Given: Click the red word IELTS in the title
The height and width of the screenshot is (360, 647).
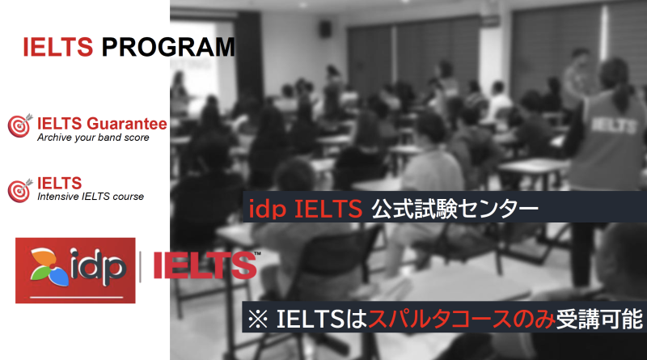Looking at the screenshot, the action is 57,47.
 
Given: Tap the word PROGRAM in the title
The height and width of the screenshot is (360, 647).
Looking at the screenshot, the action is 168,47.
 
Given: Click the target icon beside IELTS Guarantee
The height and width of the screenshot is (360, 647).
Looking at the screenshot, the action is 19,125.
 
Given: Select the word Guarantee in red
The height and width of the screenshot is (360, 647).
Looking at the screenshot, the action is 127,124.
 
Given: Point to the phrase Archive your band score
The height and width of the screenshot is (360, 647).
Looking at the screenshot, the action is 93,138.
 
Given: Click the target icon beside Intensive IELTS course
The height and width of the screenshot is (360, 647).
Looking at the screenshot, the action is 19,190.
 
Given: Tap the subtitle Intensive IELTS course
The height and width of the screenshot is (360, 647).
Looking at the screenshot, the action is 91,197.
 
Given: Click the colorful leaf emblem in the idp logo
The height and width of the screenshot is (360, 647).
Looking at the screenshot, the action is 49,267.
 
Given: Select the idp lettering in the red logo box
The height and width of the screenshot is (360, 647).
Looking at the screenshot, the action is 97,267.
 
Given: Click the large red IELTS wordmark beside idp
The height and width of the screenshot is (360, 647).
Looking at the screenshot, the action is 205,265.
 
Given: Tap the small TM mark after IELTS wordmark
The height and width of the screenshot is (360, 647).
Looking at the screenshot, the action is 257,253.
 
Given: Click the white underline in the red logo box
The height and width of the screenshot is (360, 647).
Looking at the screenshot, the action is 77,297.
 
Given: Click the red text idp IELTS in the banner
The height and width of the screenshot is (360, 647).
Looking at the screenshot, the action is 306,209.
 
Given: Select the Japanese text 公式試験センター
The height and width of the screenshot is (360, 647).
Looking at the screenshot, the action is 455,209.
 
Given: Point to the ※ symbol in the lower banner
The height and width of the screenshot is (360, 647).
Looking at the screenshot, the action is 258,319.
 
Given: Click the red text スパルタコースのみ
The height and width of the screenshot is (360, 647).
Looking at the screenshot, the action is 462,319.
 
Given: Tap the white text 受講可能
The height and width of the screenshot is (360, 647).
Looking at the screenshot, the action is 599,319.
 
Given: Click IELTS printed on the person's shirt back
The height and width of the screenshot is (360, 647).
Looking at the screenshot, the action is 613,125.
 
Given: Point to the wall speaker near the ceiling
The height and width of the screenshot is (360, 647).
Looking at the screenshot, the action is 326,28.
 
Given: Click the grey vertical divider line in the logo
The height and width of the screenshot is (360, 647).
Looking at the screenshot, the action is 140,267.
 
